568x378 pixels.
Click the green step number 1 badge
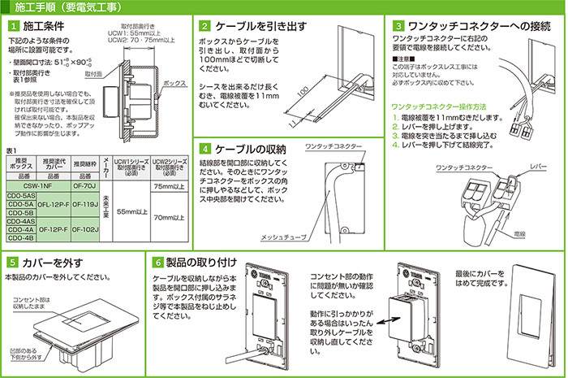coord(11,28)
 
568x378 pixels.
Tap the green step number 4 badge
coord(205,150)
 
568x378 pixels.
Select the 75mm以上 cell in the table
coord(170,186)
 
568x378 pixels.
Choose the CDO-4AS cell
coord(19,221)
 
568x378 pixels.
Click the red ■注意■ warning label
coord(404,61)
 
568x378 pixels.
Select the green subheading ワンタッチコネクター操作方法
coord(437,106)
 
